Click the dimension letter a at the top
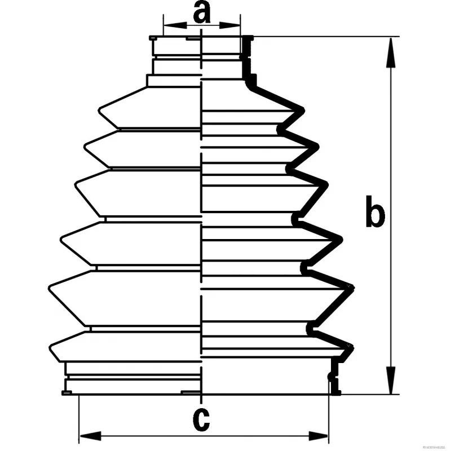click(201, 12)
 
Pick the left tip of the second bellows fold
click(85, 147)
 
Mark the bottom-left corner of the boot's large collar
click(63, 393)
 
